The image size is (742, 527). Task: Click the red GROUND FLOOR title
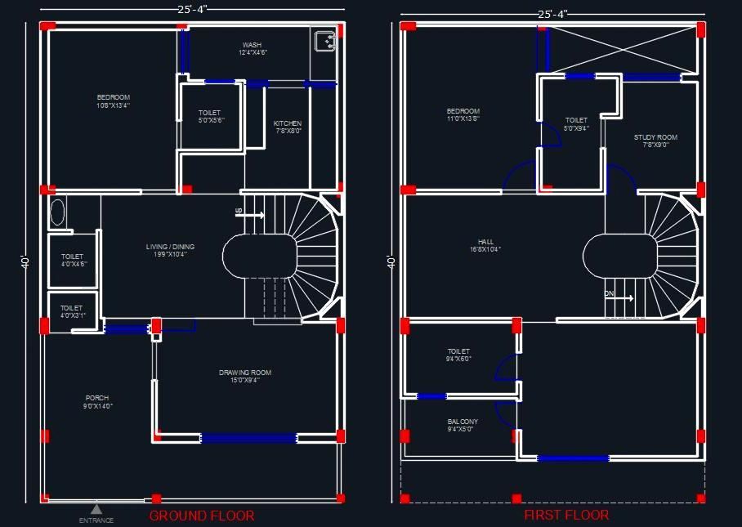[x=201, y=516]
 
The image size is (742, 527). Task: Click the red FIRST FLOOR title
[x=566, y=515]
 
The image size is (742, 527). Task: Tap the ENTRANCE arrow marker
[x=96, y=509]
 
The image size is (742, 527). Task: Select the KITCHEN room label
[x=288, y=127]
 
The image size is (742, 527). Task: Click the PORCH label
[x=96, y=402]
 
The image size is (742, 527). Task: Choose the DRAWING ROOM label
[x=245, y=376]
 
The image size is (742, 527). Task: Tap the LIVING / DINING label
[x=170, y=250]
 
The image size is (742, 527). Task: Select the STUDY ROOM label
[x=655, y=141]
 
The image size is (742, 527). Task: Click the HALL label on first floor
[x=485, y=245]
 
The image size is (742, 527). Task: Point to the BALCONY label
[x=463, y=425]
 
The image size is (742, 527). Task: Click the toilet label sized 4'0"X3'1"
[x=72, y=312]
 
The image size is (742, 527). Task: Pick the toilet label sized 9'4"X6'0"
[x=458, y=355]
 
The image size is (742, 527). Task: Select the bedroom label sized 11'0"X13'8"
[x=463, y=114]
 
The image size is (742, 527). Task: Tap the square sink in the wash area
[x=323, y=40]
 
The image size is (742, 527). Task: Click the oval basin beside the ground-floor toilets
[x=57, y=212]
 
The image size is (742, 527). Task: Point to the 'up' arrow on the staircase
[x=250, y=215]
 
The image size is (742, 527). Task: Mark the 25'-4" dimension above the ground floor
[x=191, y=8]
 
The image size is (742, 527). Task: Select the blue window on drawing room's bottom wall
[x=248, y=438]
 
